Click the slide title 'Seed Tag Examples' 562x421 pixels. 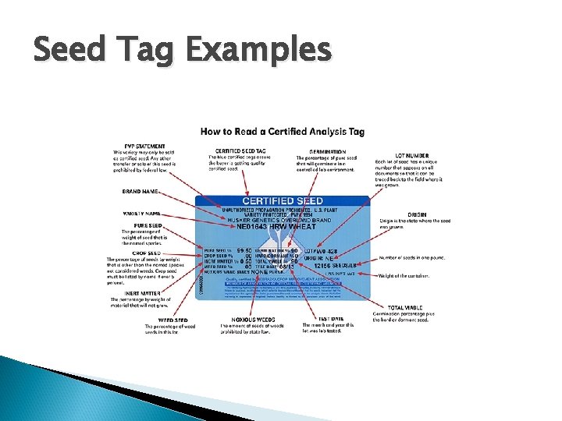(182, 51)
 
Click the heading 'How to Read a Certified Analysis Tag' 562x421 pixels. (282, 132)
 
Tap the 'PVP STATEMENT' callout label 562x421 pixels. (139, 146)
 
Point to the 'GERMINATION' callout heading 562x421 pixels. (328, 151)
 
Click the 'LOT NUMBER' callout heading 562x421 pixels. (411, 156)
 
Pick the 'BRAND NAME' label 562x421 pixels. (141, 191)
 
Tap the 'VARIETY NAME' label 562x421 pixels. (142, 213)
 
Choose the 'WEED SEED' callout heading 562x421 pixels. (172, 320)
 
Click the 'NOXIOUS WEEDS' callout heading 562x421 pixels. (240, 319)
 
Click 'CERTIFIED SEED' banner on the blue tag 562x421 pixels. (282, 201)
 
